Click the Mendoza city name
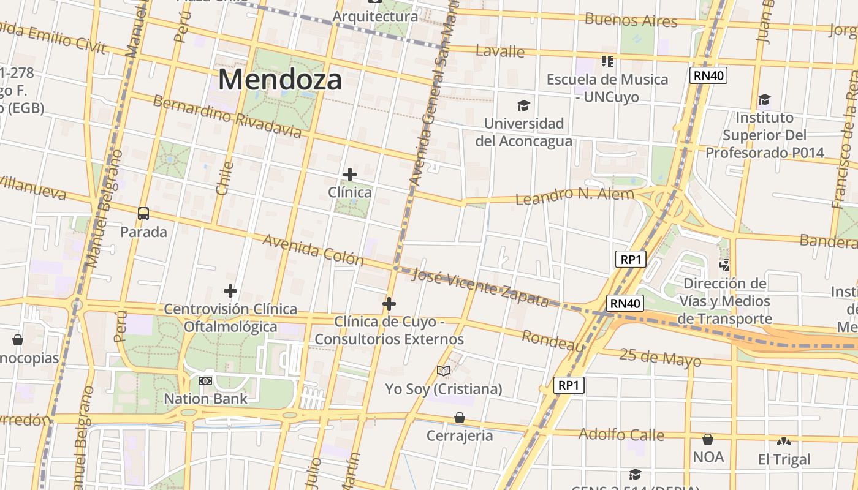pos(279,80)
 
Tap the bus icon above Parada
pos(143,214)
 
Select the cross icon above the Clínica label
pos(350,175)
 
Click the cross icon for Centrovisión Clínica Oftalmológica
pos(230,291)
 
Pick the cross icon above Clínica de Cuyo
pos(389,304)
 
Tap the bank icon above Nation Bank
pos(205,381)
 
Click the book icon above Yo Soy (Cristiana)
pos(444,371)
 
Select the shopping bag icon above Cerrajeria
pos(460,418)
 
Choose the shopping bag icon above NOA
pos(708,439)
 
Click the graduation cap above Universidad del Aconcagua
pos(523,106)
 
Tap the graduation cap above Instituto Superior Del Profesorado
pos(764,100)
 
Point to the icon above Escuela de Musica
pos(607,61)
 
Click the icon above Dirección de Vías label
pos(725,265)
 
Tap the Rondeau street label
pos(552,341)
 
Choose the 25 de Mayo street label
pos(659,358)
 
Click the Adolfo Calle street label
pos(621,435)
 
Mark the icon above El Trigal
pos(783,442)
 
